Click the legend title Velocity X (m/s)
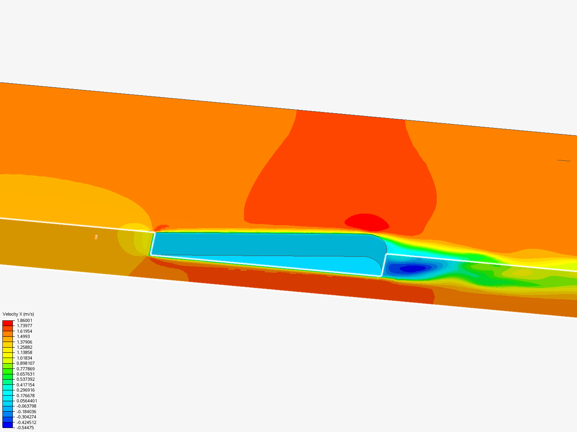[x=18, y=314]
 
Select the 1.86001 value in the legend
[x=24, y=320]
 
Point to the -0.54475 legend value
[x=25, y=428]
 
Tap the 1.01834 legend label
[x=24, y=358]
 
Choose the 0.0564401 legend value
[x=27, y=401]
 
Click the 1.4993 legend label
[x=23, y=336]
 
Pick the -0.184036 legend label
[x=26, y=412]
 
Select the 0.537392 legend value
[x=26, y=379]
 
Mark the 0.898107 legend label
[x=26, y=363]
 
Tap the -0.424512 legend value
[x=26, y=422]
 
